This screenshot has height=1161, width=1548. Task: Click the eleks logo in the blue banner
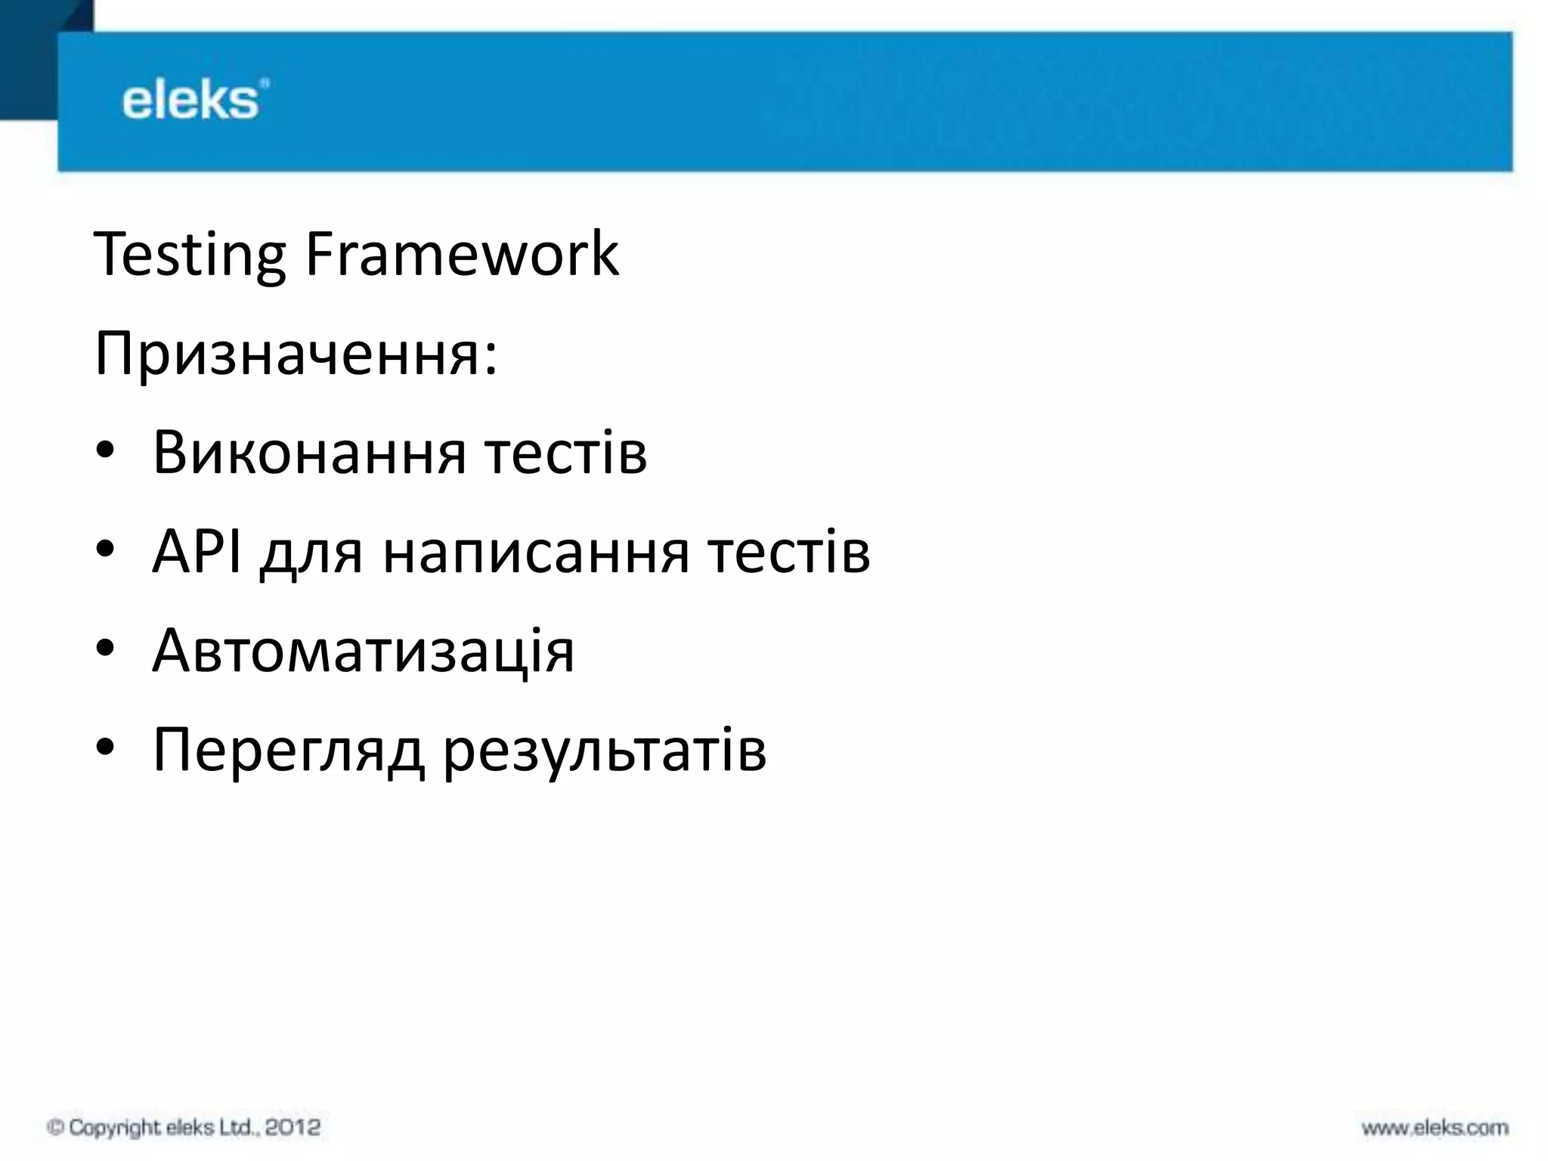click(194, 100)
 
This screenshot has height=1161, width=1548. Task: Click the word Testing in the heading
click(189, 255)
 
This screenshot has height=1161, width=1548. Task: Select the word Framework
click(462, 254)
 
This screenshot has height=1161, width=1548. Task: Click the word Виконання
click(309, 454)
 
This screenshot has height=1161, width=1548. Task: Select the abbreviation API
click(197, 552)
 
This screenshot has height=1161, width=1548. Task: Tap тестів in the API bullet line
click(789, 552)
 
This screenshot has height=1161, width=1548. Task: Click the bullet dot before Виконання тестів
click(105, 452)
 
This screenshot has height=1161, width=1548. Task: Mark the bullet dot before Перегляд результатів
click(105, 748)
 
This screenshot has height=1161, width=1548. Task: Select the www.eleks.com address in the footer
click(1435, 1128)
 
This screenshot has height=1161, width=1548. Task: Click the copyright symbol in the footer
click(54, 1128)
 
